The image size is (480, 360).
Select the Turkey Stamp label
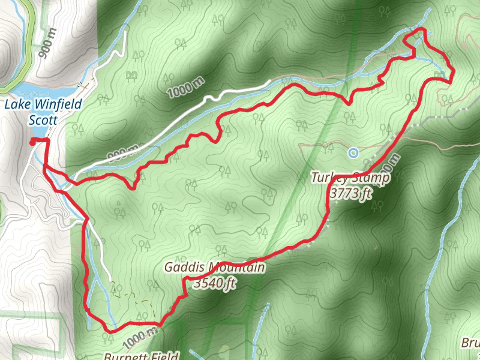point(350,178)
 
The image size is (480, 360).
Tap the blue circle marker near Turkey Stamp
point(353,153)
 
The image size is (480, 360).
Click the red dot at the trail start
point(32,142)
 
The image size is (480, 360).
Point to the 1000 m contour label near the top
point(185,89)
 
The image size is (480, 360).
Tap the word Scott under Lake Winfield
point(43,120)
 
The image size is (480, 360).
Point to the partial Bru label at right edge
point(470,343)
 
